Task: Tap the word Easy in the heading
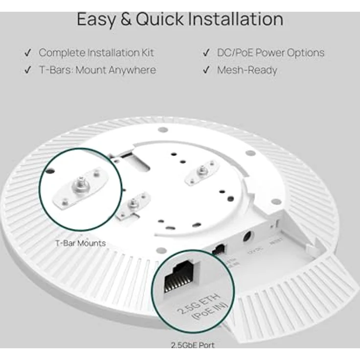[x=96, y=19]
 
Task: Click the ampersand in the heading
[x=125, y=19]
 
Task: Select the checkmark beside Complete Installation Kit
[x=28, y=52]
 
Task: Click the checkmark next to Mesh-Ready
[x=206, y=70]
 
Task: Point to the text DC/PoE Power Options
[x=270, y=52]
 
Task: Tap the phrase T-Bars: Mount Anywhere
[x=97, y=70]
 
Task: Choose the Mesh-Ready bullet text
[x=247, y=70]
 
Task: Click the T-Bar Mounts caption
[x=80, y=243]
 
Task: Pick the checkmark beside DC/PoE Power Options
[x=206, y=52]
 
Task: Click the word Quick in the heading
[x=158, y=19]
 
